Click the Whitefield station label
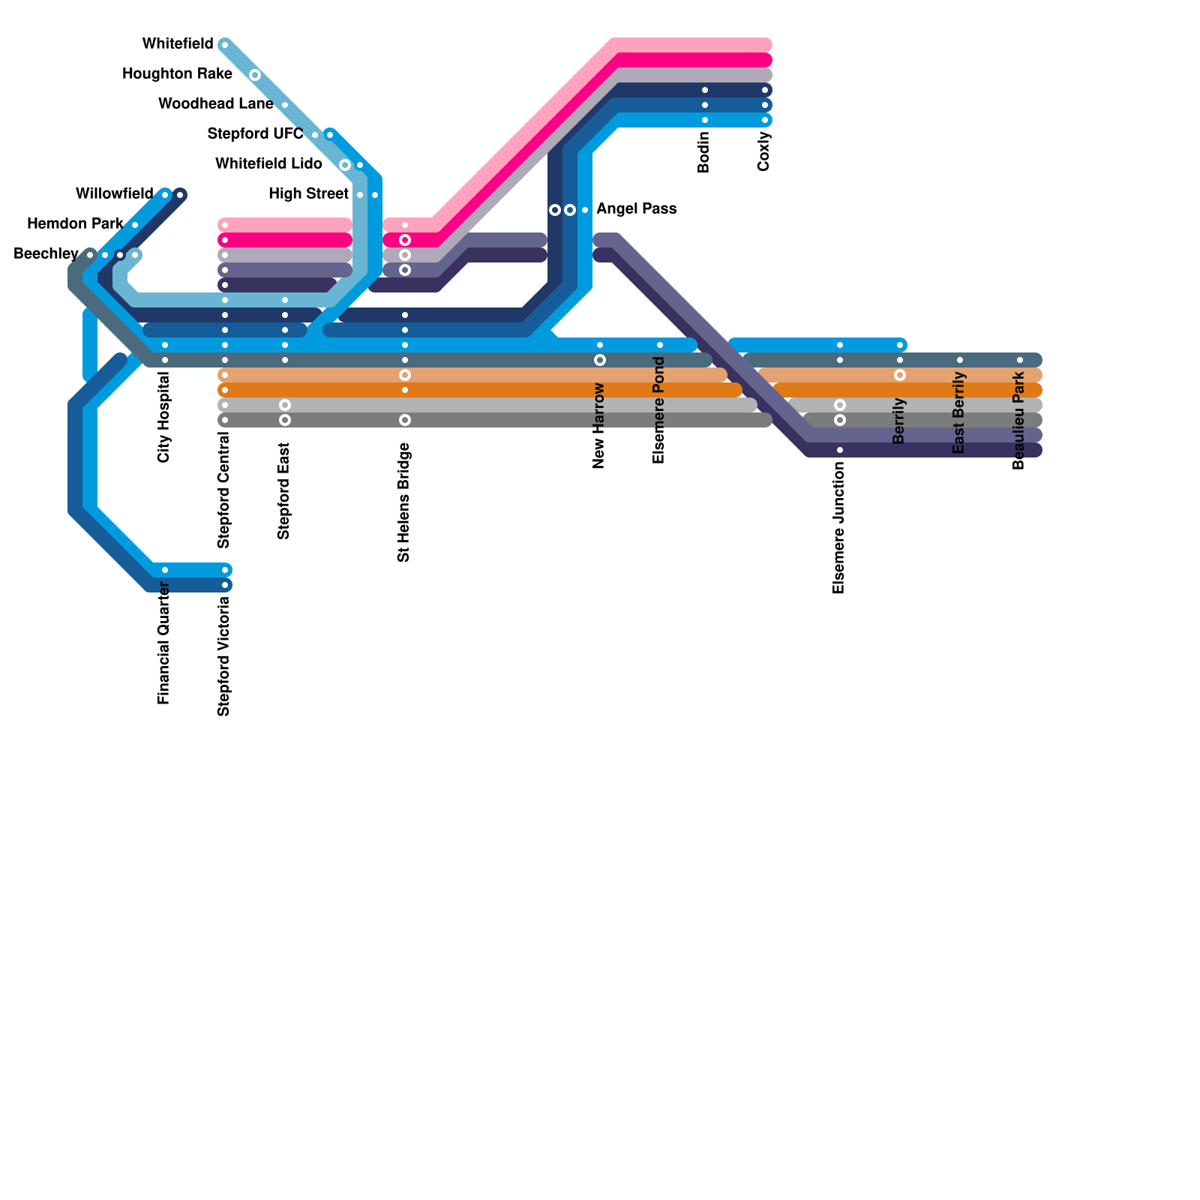(x=178, y=44)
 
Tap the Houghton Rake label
(x=177, y=74)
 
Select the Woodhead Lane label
(x=216, y=104)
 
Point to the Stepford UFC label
(x=255, y=134)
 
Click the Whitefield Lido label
(x=268, y=164)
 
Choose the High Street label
(x=308, y=194)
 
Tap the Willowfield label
(x=114, y=194)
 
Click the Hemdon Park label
(x=75, y=224)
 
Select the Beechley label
(x=46, y=254)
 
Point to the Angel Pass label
(x=637, y=209)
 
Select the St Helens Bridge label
(x=404, y=502)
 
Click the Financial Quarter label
(x=164, y=643)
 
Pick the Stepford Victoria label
(x=224, y=656)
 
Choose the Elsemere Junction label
(x=839, y=528)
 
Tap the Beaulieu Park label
(x=1019, y=421)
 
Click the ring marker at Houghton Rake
(x=255, y=75)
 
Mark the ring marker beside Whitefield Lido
(x=345, y=165)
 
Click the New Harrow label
(x=599, y=426)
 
